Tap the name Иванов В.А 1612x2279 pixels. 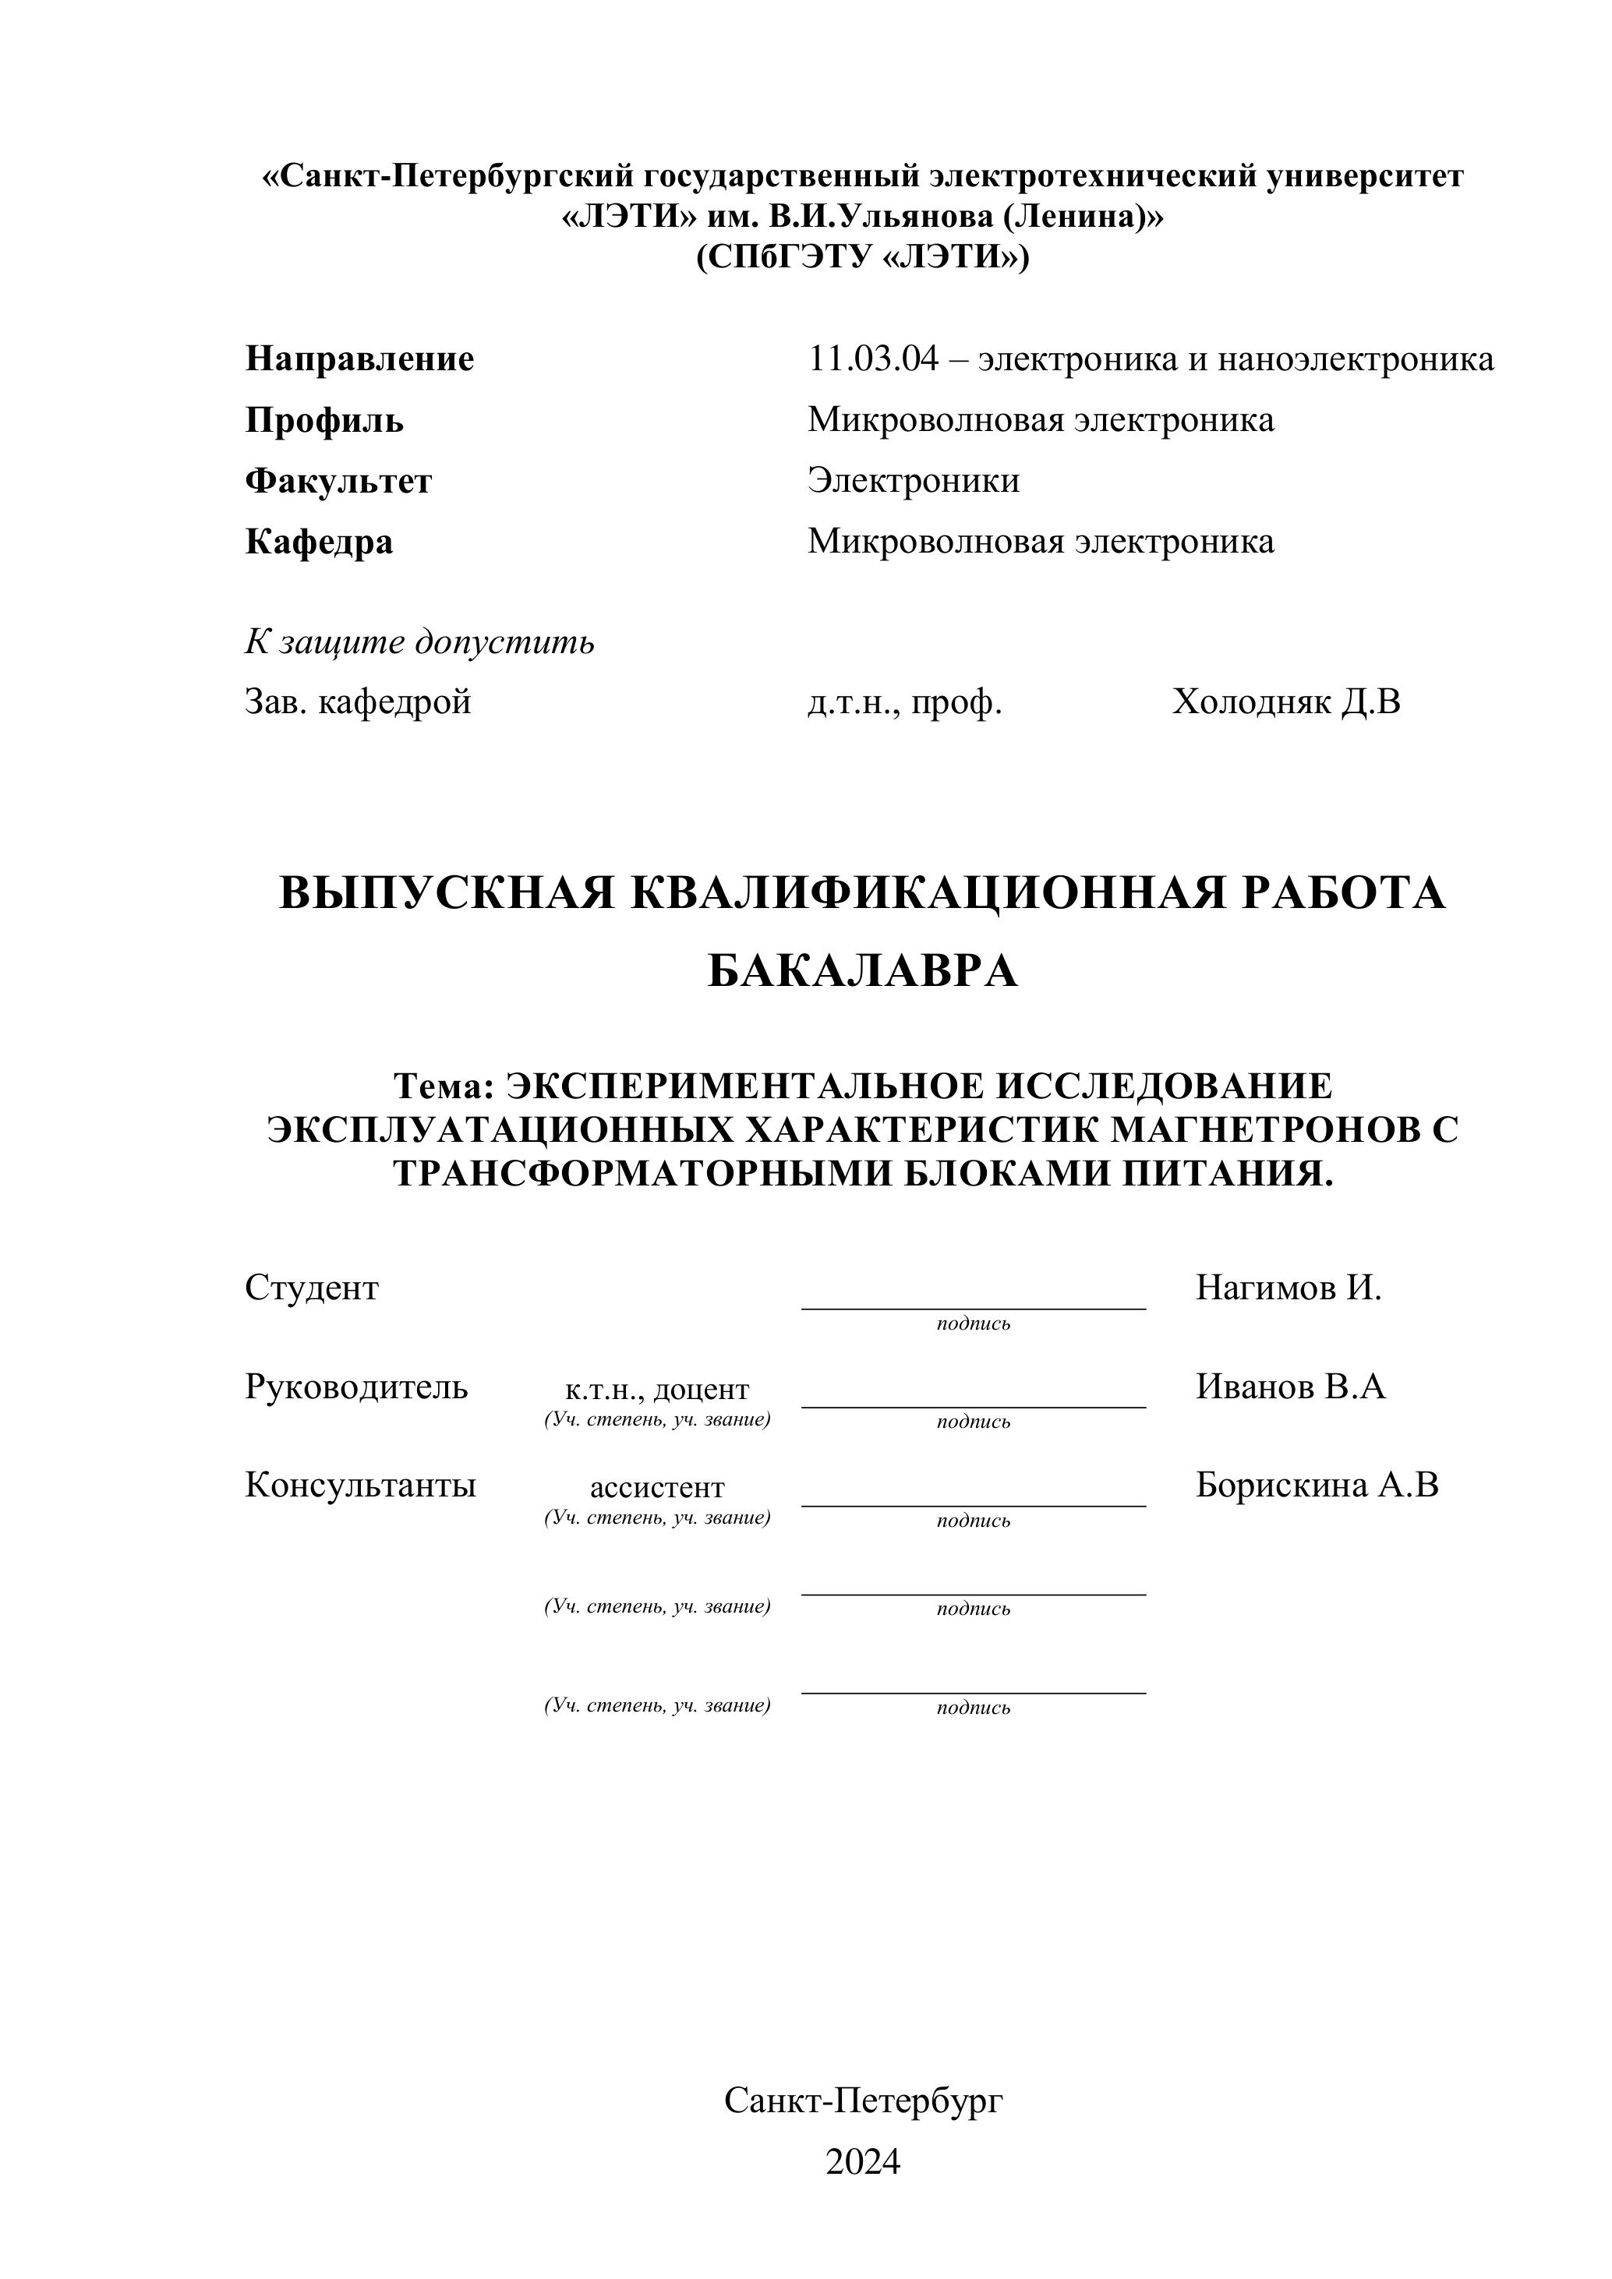[1289, 1387]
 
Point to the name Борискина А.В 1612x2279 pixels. [1317, 1485]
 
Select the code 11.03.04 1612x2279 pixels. [872, 359]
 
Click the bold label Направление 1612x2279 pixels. [359, 359]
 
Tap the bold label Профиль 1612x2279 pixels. [324, 420]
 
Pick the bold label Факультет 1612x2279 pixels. [338, 482]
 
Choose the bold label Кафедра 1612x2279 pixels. [319, 542]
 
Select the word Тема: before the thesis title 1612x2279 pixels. [444, 1086]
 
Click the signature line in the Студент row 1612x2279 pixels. [973, 1307]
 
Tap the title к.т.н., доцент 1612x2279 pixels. [657, 1390]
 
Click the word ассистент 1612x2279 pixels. [657, 1488]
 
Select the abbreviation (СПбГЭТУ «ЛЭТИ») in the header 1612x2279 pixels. [863, 258]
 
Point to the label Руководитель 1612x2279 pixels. [356, 1387]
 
